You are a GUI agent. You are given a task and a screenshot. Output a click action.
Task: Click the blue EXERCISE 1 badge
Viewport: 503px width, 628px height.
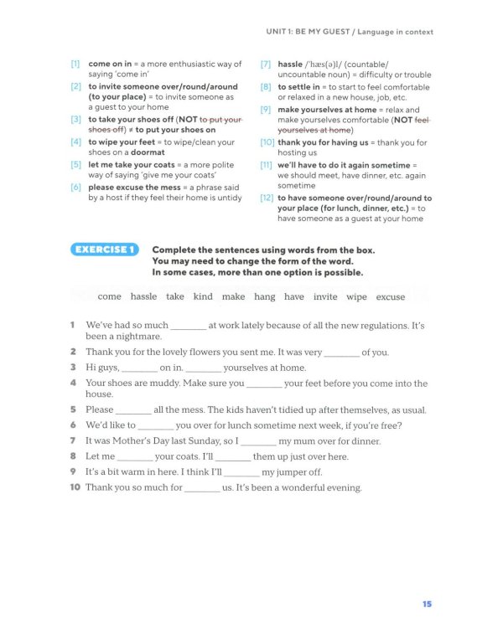104,250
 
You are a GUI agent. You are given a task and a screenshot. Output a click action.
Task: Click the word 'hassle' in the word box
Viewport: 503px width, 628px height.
143,296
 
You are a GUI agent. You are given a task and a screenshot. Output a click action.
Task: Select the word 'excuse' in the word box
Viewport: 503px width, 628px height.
390,296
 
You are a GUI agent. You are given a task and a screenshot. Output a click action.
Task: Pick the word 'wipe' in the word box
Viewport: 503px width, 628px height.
356,296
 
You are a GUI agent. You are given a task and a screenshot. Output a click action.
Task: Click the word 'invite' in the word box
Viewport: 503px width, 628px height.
325,296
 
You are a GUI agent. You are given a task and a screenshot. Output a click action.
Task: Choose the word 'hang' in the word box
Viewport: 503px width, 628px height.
265,296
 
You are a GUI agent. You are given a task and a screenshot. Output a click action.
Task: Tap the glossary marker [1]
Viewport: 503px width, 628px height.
75,64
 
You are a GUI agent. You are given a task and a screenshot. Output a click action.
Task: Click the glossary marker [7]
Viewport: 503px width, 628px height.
266,64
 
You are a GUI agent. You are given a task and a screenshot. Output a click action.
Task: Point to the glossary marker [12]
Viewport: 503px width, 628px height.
267,198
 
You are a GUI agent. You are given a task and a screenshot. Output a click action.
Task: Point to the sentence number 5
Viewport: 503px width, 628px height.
74,409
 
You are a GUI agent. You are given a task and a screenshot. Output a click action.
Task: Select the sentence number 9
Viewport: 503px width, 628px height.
74,471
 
